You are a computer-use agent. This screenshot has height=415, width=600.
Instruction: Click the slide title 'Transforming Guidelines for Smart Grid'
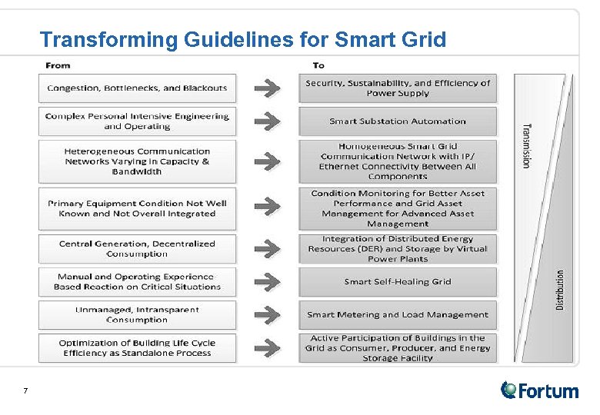pos(242,39)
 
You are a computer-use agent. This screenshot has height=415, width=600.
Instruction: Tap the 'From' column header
pos(58,65)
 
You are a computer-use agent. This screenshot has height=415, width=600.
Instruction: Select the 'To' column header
pos(318,65)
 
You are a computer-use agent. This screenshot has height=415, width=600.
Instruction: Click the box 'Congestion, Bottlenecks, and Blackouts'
pos(137,88)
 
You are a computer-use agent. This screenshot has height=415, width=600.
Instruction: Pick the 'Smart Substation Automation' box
pos(398,121)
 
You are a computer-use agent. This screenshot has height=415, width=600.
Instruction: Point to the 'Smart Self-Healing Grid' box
pos(398,282)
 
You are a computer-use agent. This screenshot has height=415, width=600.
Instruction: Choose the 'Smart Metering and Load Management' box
pos(398,315)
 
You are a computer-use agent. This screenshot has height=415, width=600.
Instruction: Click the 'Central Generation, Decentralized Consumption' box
pos(137,249)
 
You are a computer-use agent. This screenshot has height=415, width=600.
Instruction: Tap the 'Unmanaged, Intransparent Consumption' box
pos(137,315)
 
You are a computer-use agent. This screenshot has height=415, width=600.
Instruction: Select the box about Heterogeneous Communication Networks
pos(137,162)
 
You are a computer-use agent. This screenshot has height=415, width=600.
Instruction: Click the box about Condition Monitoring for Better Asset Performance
pos(398,208)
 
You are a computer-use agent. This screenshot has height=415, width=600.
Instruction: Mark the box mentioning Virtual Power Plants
pos(398,249)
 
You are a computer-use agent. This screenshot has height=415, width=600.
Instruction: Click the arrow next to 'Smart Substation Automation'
pos(267,121)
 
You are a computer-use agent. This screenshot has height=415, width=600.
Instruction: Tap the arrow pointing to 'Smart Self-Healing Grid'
pos(267,282)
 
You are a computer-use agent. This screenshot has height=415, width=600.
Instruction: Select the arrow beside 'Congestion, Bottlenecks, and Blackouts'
pos(267,88)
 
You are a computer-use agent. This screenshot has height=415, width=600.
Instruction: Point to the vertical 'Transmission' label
pos(527,146)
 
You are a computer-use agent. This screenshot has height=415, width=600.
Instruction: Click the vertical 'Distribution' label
pos(560,289)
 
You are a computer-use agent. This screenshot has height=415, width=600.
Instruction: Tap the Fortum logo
pos(539,390)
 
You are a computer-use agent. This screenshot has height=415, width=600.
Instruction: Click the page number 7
pos(25,391)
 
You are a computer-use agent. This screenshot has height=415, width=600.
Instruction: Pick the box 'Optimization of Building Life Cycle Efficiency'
pos(137,348)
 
